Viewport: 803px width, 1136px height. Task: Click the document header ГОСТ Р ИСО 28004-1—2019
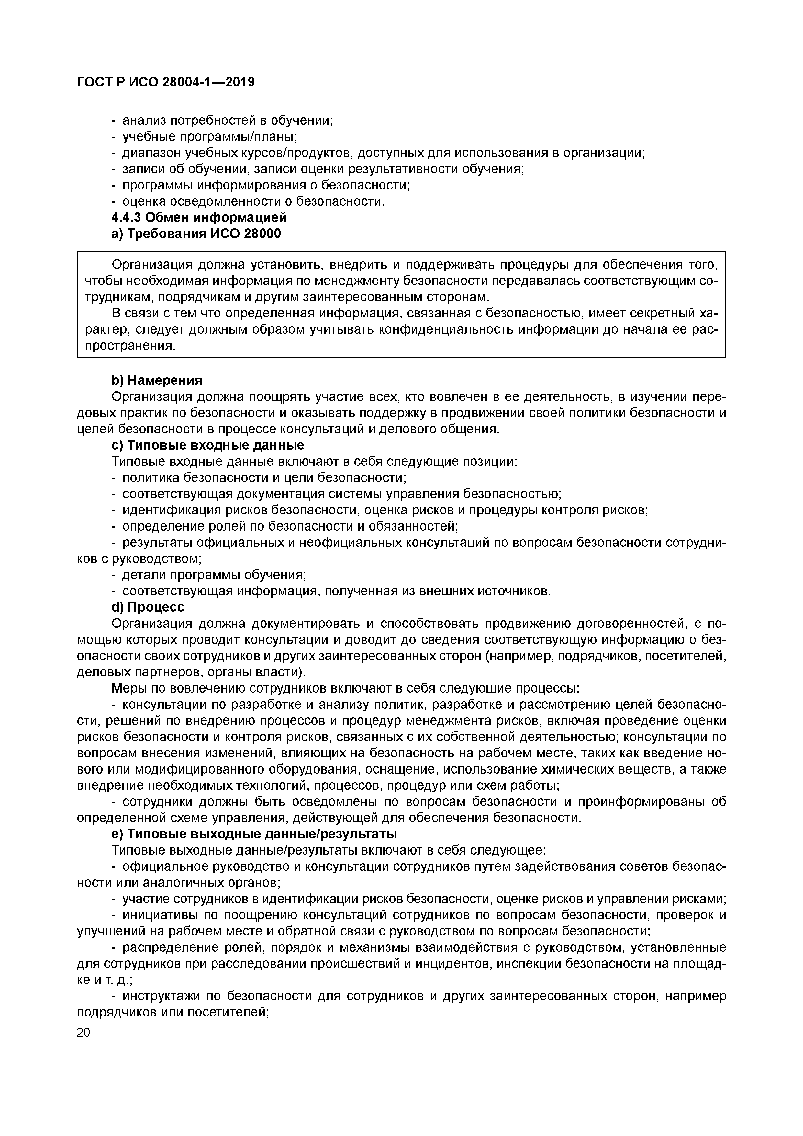(166, 82)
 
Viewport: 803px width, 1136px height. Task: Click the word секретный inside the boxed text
(654, 314)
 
